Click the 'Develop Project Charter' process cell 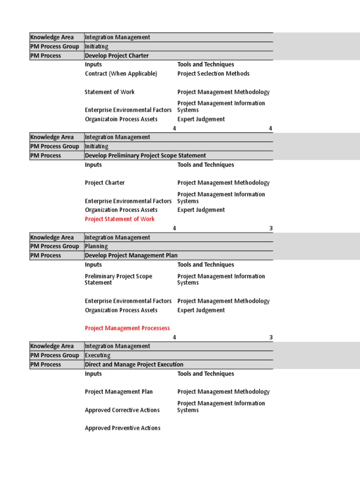click(117, 56)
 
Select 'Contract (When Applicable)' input click(121, 74)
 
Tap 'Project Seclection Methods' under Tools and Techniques click(213, 74)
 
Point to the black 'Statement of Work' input click(110, 92)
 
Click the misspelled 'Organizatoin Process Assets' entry click(121, 119)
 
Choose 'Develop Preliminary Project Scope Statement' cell click(145, 156)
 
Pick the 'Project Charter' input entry click(105, 183)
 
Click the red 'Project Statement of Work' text click(120, 219)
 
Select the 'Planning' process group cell click(96, 246)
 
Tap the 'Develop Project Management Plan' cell click(131, 255)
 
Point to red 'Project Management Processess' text click(127, 328)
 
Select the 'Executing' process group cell click(97, 355)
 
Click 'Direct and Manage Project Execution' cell click(134, 364)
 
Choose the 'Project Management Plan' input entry click(119, 392)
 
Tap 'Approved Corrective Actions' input click(122, 410)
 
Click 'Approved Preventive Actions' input click(122, 428)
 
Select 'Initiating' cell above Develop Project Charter click(97, 46)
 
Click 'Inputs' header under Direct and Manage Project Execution click(93, 374)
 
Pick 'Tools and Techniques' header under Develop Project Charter click(206, 65)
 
